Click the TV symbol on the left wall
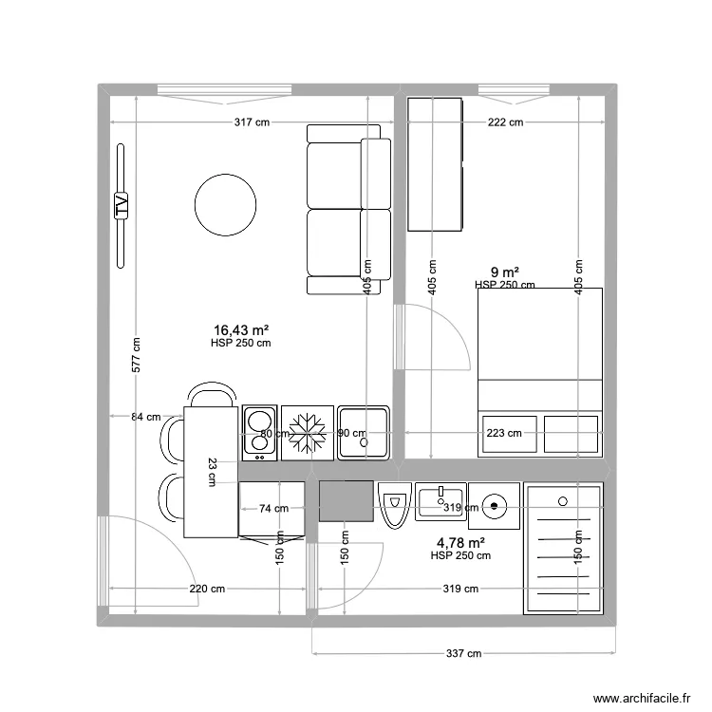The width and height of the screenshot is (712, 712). click(x=121, y=205)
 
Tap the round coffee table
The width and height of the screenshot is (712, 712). click(x=225, y=204)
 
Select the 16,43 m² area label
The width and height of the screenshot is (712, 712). click(x=240, y=329)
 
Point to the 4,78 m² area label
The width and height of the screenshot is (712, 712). click(x=460, y=543)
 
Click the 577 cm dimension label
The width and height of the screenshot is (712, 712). click(x=136, y=356)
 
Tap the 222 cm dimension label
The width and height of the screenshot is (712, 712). click(x=504, y=122)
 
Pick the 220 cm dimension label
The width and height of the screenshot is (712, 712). click(x=207, y=589)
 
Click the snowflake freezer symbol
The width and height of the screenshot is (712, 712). click(x=308, y=432)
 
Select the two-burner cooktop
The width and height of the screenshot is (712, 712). click(x=258, y=432)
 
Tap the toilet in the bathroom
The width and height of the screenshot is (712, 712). click(x=394, y=503)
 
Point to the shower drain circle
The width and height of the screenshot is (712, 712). click(x=563, y=500)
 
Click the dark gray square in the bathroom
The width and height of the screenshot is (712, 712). click(x=345, y=501)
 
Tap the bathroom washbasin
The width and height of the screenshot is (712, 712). click(x=440, y=499)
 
